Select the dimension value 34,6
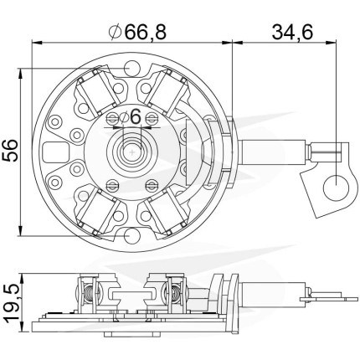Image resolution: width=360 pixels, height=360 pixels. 292,32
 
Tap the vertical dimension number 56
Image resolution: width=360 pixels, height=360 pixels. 11,151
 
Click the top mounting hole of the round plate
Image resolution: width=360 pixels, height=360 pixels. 131,68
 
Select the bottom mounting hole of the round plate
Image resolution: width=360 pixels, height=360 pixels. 131,236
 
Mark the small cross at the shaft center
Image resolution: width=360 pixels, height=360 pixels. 132,152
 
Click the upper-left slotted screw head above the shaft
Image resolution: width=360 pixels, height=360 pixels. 112,118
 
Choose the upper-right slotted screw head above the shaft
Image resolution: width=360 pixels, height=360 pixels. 152,118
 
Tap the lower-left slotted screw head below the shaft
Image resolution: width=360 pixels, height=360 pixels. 112,185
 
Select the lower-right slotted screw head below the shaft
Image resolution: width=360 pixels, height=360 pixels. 152,185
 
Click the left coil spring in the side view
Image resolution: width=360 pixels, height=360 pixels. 89,296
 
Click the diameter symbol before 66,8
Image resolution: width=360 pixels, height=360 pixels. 116,33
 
